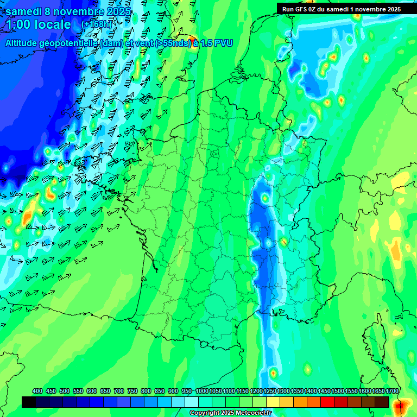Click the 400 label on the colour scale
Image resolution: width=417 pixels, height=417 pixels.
[37, 391]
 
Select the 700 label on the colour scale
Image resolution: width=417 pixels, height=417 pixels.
[119, 391]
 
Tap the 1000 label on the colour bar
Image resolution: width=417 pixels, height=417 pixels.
[202, 391]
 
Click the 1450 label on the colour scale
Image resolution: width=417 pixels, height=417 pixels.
[324, 391]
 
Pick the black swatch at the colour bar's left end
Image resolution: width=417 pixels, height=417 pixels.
[29, 402]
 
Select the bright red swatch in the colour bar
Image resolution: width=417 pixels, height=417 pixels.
[327, 402]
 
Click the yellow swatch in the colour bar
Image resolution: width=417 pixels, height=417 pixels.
[273, 402]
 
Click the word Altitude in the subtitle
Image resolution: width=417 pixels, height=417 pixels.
[24, 43]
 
